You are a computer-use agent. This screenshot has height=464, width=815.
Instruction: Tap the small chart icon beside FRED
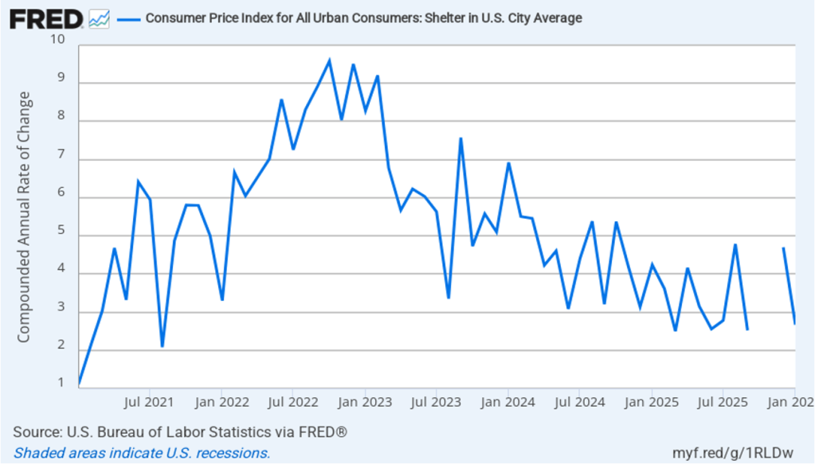click(100, 18)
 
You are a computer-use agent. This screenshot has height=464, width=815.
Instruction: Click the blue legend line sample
click(128, 18)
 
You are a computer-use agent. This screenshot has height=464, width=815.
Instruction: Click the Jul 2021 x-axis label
click(150, 401)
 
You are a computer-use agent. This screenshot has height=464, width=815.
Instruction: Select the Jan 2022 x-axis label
click(221, 401)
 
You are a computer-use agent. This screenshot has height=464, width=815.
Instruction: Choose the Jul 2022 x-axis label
click(293, 401)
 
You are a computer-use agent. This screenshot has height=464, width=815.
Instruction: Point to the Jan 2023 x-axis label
click(365, 401)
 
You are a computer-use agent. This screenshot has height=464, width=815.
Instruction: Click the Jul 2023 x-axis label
click(437, 401)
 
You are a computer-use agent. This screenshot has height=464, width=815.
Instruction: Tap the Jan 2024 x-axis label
click(508, 401)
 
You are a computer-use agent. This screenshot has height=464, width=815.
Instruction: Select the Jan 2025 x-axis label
click(652, 401)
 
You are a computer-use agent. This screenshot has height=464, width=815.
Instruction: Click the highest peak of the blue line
click(329, 60)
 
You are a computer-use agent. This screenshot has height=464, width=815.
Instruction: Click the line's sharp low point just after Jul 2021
click(162, 346)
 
